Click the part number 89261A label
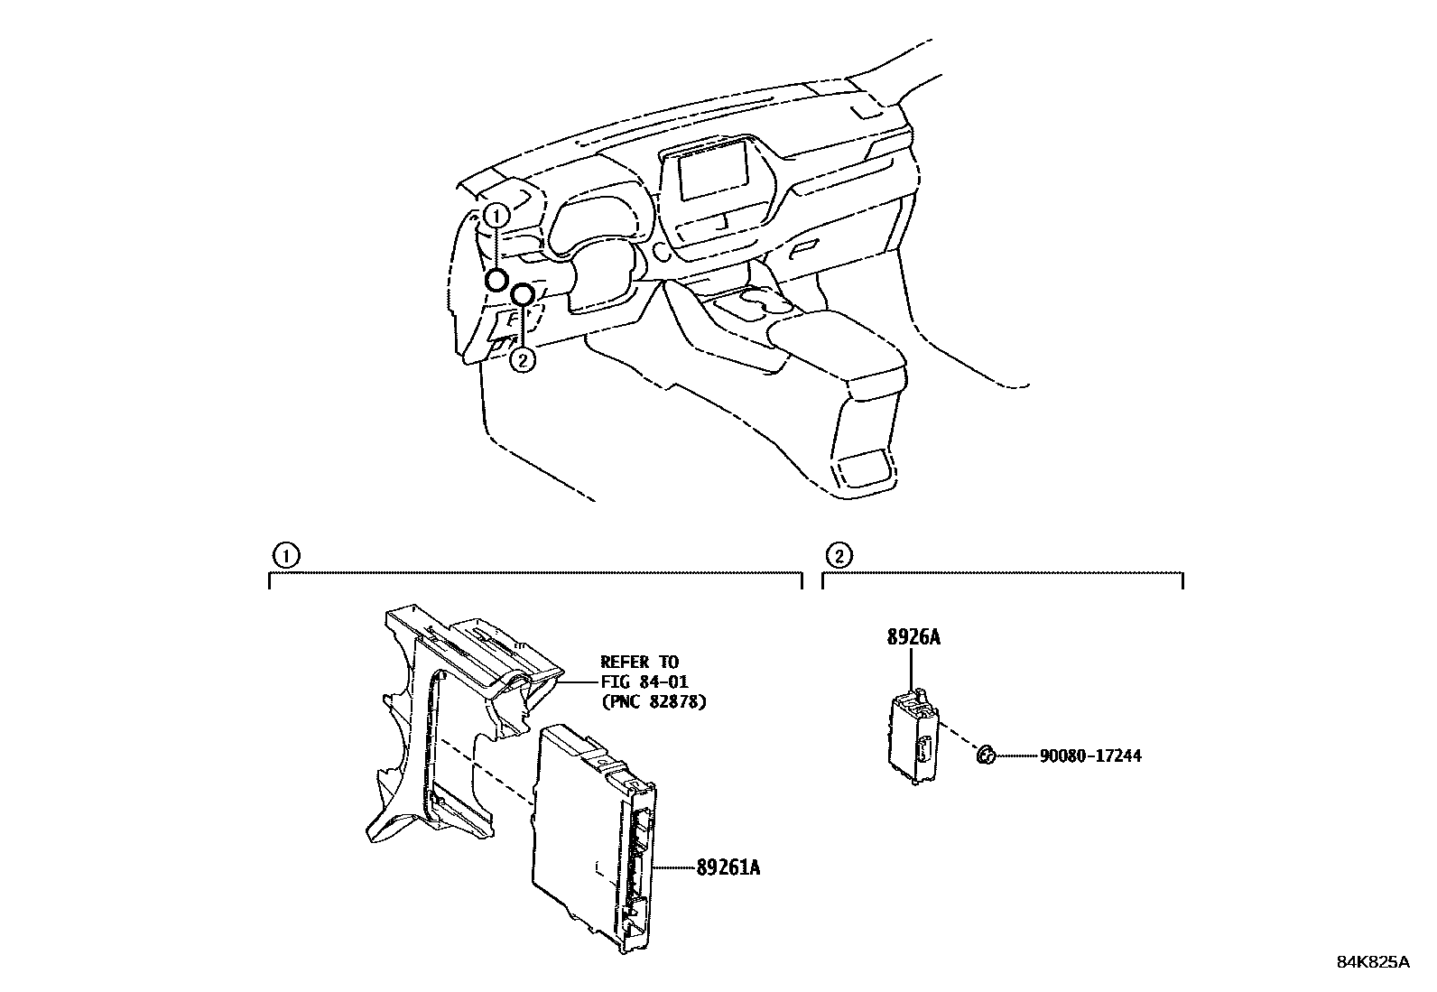(x=728, y=868)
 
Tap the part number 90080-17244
(x=1089, y=756)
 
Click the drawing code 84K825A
(x=1372, y=962)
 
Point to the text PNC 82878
(x=653, y=702)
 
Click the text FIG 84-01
(x=644, y=682)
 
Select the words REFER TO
(x=639, y=663)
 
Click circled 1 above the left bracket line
(x=284, y=555)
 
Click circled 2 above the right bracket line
(x=838, y=555)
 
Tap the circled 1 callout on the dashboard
(x=495, y=215)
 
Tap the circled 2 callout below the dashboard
(x=523, y=360)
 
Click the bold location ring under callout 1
(x=496, y=280)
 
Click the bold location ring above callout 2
(x=522, y=294)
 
